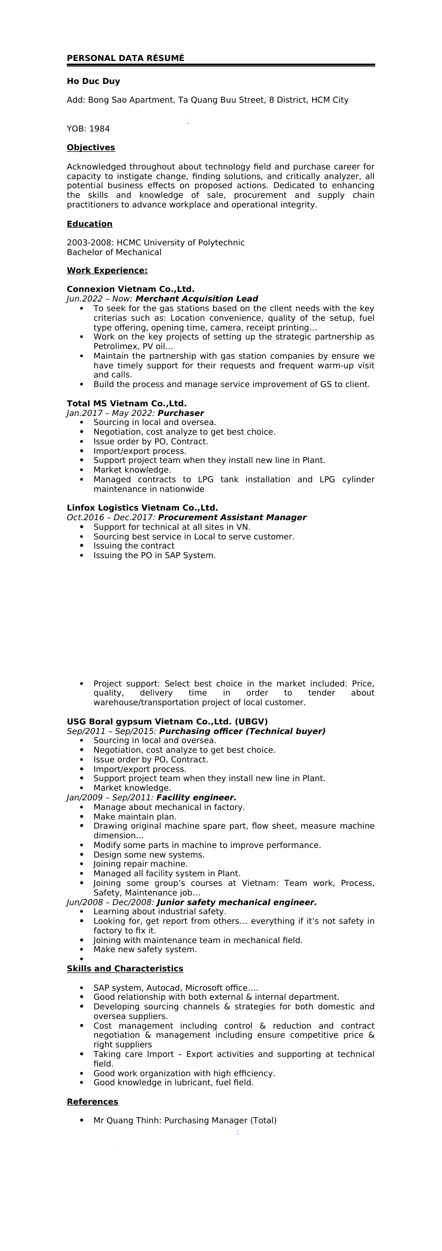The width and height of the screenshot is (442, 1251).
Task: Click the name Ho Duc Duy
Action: coord(93,81)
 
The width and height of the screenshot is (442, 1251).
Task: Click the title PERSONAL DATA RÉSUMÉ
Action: coord(125,58)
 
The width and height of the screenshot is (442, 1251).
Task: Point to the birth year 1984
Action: coord(99,129)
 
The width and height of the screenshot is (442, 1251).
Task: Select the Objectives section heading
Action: coord(91,148)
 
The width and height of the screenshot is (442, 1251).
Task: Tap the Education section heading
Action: coord(89,224)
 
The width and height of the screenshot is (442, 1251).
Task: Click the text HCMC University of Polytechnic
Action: coord(181,243)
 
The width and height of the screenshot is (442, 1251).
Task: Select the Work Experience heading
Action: coord(107,271)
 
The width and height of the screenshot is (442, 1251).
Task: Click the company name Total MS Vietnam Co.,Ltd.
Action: coord(127,403)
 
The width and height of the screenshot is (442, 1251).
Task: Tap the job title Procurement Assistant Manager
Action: coord(232,518)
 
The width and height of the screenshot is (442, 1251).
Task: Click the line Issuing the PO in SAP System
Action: coord(154,555)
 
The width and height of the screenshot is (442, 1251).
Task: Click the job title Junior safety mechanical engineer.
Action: coord(236,902)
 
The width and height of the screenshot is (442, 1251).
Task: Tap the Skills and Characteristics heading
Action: coord(125,969)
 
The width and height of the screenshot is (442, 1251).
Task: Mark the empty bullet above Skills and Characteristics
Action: coord(81,959)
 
